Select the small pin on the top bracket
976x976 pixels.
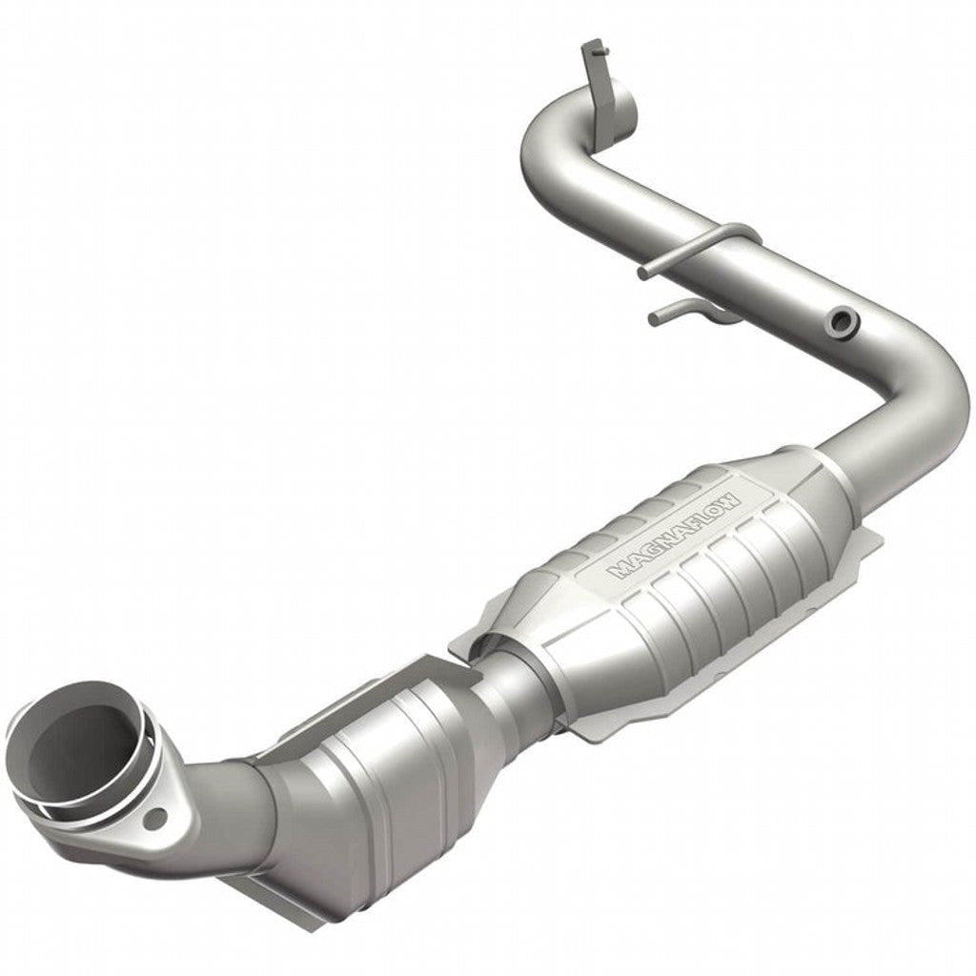pyautogui.click(x=592, y=48)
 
